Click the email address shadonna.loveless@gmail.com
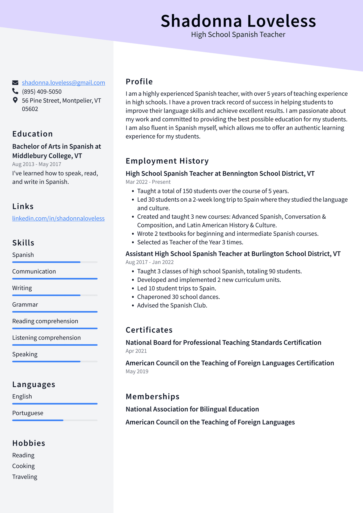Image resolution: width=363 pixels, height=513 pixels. [63, 83]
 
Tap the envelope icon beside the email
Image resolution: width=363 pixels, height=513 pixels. [15, 83]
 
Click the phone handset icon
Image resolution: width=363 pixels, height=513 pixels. [15, 91]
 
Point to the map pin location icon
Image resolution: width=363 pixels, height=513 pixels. [15, 100]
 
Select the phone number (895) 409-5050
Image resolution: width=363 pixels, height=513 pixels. [42, 92]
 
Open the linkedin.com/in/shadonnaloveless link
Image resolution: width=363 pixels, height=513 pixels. [58, 218]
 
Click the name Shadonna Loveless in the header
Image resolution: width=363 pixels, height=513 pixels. [238, 21]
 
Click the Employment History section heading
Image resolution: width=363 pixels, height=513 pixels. [167, 161]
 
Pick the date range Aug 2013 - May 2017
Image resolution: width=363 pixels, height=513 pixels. [37, 164]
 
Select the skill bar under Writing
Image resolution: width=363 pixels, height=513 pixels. [55, 295]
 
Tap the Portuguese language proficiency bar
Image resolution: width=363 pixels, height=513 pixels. [55, 420]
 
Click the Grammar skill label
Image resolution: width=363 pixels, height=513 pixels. [25, 304]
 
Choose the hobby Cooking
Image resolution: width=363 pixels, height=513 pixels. [23, 466]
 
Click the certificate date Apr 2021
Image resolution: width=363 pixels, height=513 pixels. [136, 351]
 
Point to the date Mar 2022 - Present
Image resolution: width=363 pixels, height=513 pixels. [148, 182]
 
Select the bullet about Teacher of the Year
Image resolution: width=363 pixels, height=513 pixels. [190, 242]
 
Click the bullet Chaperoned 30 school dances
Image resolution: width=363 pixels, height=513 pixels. [178, 297]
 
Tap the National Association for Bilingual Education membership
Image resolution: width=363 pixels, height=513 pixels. [192, 409]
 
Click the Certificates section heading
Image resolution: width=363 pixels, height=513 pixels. [149, 330]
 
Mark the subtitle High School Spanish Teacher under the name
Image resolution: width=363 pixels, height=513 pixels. [238, 35]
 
